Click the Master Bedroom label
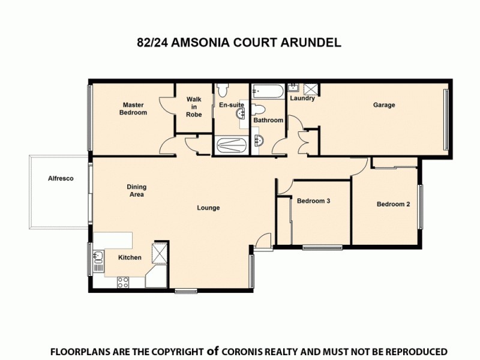coord(133,109)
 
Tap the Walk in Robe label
coord(193,107)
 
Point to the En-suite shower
coord(230,145)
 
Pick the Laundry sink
coord(295,89)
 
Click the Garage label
coord(384,105)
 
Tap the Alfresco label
coord(61,178)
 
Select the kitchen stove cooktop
coord(124,281)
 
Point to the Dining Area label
coord(136,190)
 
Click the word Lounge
coord(208,208)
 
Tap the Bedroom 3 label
coord(314,201)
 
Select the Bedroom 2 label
coord(393,204)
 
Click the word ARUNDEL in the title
coord(312,43)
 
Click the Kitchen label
coord(130,258)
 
